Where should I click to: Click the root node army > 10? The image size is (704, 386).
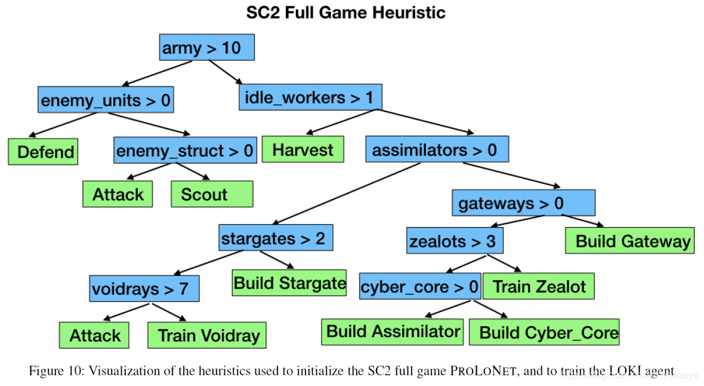207,48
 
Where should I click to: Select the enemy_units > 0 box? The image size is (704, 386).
106,100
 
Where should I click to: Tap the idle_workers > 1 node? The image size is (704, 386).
310,97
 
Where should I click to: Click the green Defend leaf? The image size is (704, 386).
43,152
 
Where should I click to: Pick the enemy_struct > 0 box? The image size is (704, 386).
185,151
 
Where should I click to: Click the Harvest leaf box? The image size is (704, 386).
303,149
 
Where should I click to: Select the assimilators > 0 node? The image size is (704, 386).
437,149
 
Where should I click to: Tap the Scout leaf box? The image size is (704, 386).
212,194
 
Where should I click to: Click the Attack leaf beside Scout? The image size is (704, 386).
118,194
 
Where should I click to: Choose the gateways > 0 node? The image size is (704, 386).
523,203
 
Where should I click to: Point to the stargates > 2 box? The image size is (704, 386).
275,239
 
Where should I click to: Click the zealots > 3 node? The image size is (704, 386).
453,241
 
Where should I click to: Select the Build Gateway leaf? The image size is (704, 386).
629,241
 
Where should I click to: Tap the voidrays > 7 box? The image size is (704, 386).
144,289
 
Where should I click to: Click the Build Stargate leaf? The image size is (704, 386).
289,282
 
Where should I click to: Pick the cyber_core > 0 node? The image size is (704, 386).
419,287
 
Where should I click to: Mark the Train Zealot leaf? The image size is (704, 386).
539,286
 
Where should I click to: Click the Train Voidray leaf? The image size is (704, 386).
207,335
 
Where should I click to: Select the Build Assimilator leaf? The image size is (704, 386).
393,331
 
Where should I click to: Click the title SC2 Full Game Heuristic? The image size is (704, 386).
345,13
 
